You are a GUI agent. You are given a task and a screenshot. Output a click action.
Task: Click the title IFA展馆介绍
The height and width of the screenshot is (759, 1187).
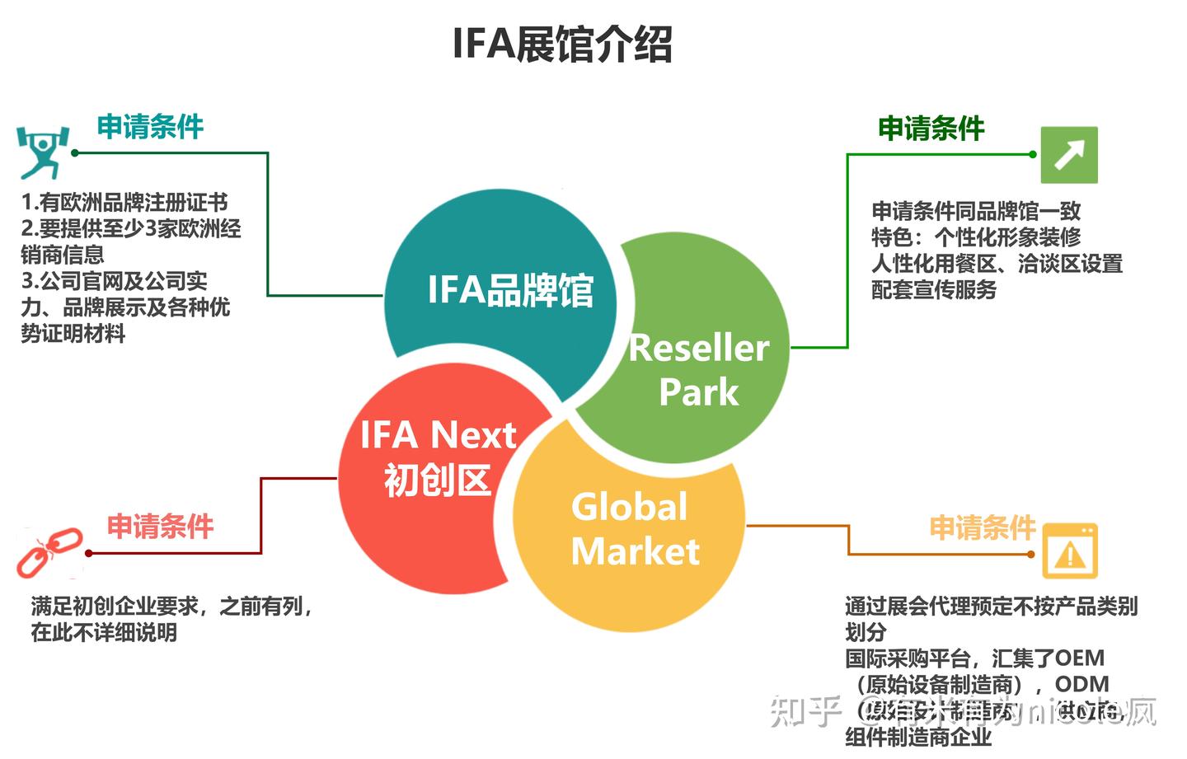coord(562,45)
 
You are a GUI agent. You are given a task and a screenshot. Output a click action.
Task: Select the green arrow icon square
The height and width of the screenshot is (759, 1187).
coord(1069,154)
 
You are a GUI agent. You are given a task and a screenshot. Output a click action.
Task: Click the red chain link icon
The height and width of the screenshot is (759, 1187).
coord(49,551)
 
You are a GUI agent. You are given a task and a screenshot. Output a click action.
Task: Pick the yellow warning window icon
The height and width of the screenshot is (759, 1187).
coord(1070,551)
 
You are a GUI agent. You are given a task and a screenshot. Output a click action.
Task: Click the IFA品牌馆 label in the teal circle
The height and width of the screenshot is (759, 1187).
coord(510,291)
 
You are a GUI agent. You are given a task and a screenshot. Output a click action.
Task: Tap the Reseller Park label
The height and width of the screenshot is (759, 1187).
coord(698,369)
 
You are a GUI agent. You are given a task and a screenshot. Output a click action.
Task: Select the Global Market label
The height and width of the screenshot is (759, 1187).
coord(634,529)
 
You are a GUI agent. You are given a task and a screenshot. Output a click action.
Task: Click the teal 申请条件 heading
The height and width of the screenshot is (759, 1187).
coord(150,127)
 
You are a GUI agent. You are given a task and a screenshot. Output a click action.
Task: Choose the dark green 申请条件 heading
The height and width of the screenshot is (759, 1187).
coord(931,129)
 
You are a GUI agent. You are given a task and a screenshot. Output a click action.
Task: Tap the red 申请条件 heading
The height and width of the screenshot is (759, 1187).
coord(160,526)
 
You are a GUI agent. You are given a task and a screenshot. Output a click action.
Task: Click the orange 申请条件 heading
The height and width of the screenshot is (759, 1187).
coord(982,527)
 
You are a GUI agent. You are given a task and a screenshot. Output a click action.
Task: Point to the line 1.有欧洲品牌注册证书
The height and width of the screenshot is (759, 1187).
coord(124,203)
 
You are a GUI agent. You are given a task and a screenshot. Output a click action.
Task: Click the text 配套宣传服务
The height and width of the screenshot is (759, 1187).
coord(934,290)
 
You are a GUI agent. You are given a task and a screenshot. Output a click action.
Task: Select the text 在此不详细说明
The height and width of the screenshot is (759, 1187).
coord(104,633)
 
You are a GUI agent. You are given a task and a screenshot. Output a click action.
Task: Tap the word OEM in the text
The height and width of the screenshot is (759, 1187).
coord(1080,658)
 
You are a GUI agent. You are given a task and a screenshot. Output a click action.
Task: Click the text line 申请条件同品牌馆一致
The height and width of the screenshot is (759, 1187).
coord(976,211)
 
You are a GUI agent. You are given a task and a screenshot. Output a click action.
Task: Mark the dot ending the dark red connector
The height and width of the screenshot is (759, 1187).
coord(88,553)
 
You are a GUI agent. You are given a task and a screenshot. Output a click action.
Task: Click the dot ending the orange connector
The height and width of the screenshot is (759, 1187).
coord(1031,554)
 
